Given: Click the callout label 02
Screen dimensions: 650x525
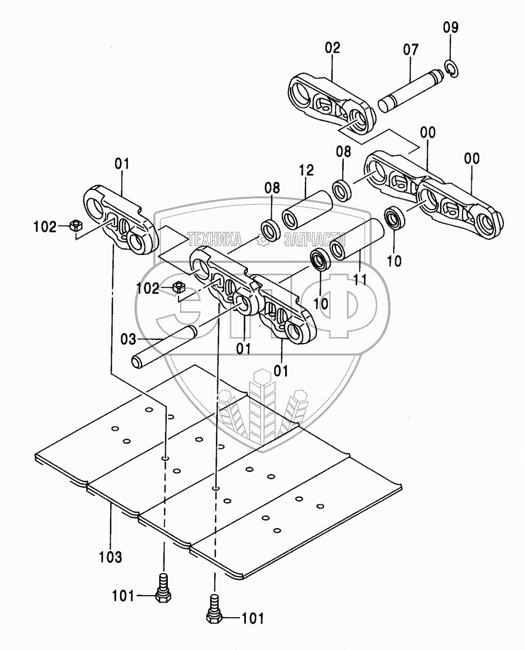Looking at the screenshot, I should [332, 48].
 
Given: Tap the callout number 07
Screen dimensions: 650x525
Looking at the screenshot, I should [410, 50].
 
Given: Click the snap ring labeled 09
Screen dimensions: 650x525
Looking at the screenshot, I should [450, 69].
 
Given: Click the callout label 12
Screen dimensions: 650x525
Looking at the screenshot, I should [306, 172].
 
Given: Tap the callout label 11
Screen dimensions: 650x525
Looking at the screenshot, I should [360, 280].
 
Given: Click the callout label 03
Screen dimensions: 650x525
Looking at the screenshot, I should [129, 340].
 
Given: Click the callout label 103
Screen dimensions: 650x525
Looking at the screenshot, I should [111, 556].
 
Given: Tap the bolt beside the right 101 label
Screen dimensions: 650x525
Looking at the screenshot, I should [214, 611].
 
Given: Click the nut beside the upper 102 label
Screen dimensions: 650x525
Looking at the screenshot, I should [76, 225].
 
